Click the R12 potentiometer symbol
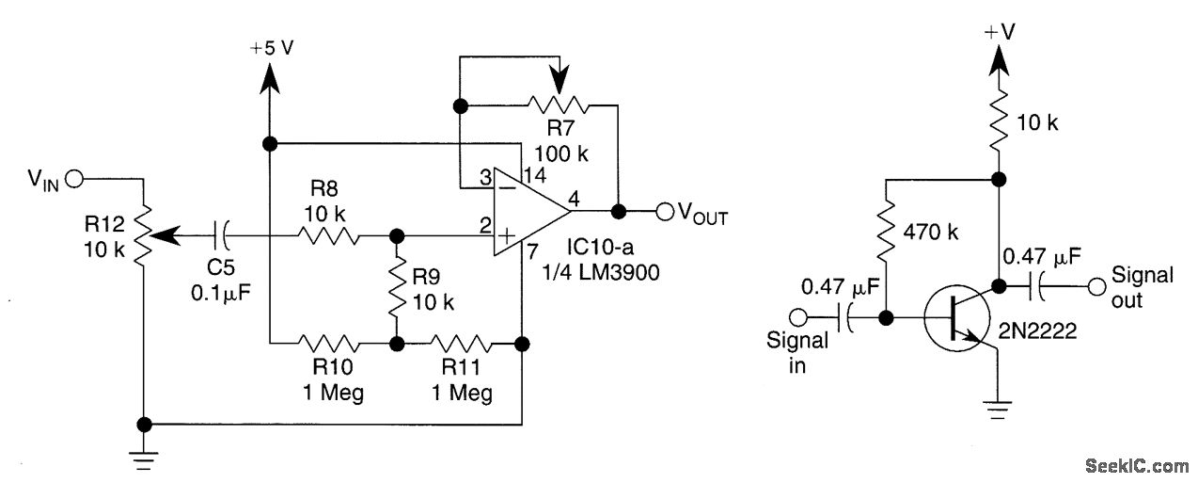(x=144, y=235)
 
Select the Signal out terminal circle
(x=1095, y=283)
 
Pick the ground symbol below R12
(x=144, y=459)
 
